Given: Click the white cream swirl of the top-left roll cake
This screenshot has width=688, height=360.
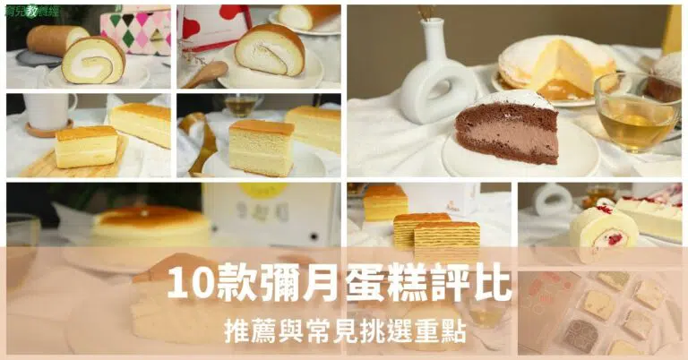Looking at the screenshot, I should (x=93, y=64).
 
